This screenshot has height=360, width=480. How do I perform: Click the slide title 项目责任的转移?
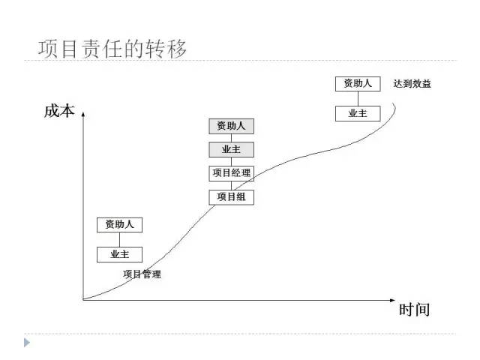point(112,49)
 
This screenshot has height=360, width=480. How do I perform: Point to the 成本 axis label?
point(59,112)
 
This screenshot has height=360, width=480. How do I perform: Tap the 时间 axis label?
point(414,309)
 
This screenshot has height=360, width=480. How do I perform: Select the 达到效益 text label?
point(412,84)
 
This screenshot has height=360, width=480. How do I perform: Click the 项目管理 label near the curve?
point(142,274)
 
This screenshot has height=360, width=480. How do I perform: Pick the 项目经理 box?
point(231,173)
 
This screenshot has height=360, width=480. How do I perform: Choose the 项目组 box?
point(231,197)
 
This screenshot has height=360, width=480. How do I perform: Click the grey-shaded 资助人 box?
point(231,126)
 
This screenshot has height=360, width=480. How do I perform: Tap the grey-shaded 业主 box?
point(231,150)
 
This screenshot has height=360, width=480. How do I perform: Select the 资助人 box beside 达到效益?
point(358,83)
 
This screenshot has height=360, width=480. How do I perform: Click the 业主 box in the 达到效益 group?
point(358,113)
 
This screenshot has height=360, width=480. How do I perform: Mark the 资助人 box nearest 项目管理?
point(119,224)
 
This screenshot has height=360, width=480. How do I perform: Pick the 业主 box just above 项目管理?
point(119,254)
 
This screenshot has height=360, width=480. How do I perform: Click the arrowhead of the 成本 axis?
point(83,113)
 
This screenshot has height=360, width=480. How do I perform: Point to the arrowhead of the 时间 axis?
point(392,300)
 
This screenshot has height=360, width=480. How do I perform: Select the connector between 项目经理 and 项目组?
point(231,185)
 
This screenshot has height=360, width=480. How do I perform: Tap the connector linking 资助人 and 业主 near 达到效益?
point(358,98)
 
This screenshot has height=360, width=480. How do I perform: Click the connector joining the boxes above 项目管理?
point(119,239)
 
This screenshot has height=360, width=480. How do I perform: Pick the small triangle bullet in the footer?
point(28,342)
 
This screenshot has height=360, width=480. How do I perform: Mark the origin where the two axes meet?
point(83,300)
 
